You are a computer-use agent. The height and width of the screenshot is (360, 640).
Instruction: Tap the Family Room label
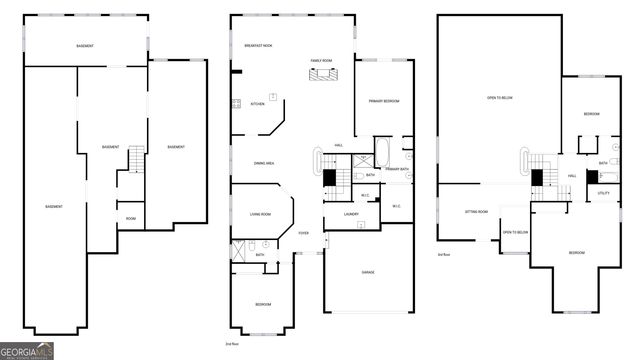[x=321, y=62]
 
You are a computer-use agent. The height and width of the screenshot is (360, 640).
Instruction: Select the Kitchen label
[x=257, y=104]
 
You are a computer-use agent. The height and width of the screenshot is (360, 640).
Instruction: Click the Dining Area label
[x=263, y=163]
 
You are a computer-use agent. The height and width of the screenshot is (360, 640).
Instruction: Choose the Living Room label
[x=260, y=214]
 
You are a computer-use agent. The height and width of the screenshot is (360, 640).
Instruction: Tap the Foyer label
[x=303, y=233]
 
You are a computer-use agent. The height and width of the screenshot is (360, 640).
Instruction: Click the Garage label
[x=367, y=272]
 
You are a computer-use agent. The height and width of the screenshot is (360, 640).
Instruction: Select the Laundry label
[x=351, y=214]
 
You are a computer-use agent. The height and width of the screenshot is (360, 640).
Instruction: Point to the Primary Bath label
[x=397, y=169]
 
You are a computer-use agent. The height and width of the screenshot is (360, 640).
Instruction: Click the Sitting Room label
[x=476, y=212]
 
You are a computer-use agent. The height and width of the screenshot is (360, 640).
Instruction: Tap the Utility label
[x=603, y=193]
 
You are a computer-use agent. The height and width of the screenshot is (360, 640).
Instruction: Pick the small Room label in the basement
[x=130, y=218]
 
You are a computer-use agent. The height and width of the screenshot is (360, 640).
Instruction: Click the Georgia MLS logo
[x=27, y=350]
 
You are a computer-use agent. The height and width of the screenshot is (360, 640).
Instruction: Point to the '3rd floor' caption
[x=442, y=254]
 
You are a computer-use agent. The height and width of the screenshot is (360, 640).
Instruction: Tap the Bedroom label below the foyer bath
[x=262, y=304]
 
